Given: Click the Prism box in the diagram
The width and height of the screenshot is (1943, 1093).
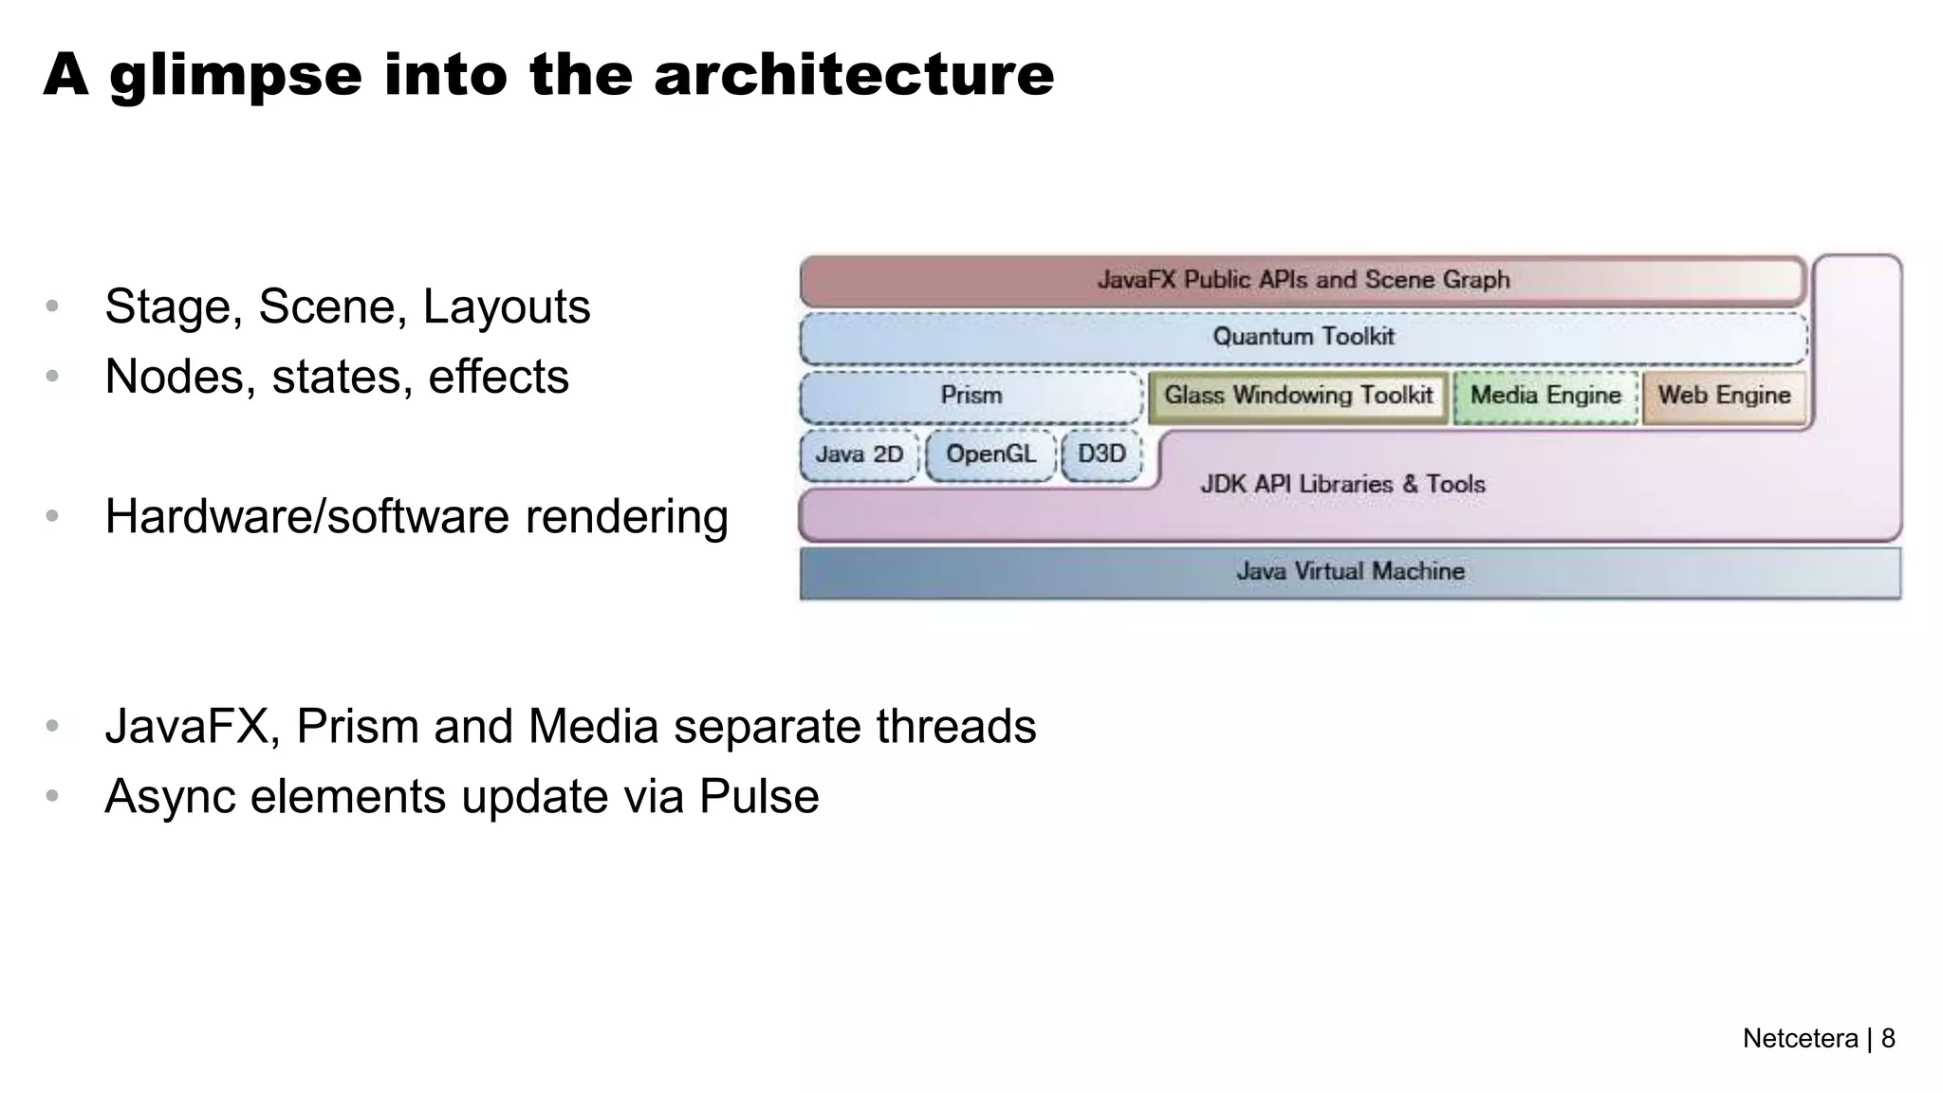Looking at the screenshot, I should coord(971,396).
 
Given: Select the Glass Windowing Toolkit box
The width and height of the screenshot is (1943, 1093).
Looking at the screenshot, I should coord(1298,396).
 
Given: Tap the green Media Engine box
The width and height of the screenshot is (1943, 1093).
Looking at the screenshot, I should coord(1545,396).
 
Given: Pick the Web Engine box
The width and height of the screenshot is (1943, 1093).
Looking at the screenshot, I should coord(1724,396).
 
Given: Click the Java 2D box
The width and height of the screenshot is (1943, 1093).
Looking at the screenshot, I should coord(860,454).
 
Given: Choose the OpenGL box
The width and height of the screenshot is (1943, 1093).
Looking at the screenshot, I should coord(990,454).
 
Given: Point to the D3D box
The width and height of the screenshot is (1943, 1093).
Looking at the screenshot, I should coord(1101,454).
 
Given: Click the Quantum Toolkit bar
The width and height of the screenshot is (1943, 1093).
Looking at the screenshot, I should coord(1304,337).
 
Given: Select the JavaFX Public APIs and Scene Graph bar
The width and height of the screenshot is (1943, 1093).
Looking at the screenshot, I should coord(1304,281).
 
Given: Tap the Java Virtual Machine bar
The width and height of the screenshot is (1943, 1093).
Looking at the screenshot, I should coord(1350,572).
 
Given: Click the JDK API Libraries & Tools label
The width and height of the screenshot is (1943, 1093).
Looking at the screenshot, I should coord(1342,485).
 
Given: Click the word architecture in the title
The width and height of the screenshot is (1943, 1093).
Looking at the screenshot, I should coord(854,75).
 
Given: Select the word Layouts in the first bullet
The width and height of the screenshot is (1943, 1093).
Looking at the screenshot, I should coord(507,307).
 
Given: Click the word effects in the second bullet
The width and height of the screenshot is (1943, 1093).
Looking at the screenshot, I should coord(498,377).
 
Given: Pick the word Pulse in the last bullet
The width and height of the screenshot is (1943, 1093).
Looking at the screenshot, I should coord(759,796).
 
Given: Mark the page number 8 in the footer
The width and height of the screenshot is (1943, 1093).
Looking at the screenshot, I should coord(1888,1039).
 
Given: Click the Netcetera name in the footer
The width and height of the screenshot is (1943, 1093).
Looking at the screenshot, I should coord(1800,1039).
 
